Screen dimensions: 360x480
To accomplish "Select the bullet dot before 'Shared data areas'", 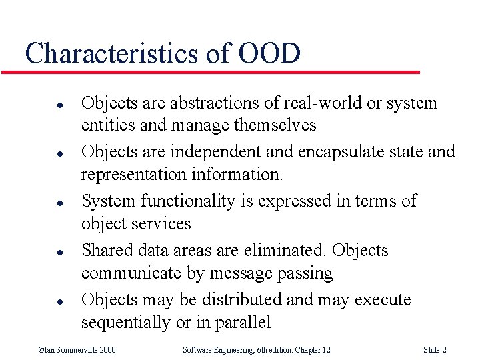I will pyautogui.click(x=41, y=251).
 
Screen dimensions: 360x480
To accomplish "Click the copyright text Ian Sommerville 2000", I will pyautogui.click(x=77, y=350).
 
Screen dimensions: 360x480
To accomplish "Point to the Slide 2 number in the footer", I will pyautogui.click(x=435, y=350).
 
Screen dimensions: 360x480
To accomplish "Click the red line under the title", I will pyautogui.click(x=220, y=71).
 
